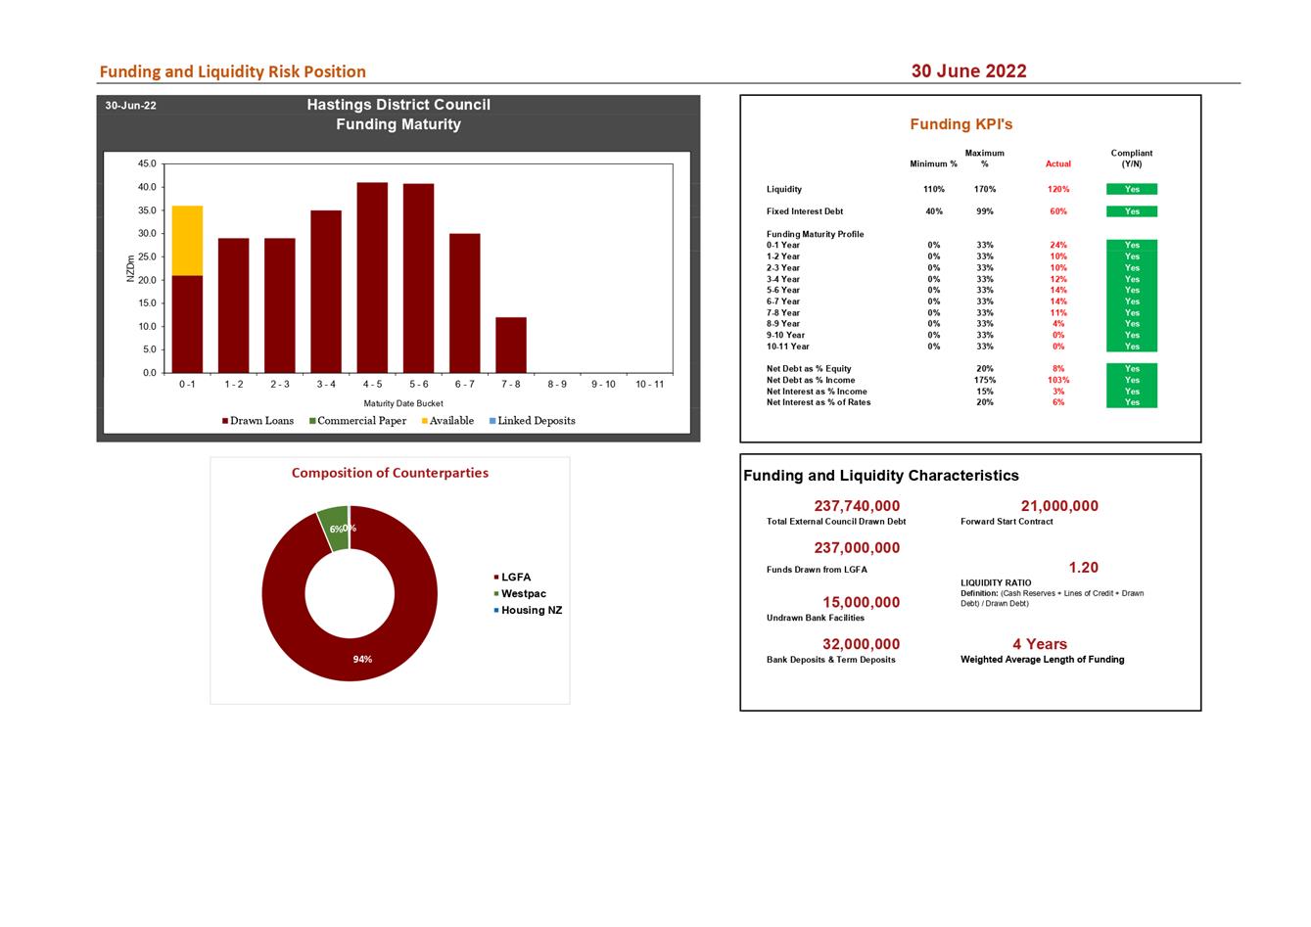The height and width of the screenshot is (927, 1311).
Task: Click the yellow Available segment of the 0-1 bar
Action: pos(187,240)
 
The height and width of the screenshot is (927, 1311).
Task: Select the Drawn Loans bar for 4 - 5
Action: pos(372,278)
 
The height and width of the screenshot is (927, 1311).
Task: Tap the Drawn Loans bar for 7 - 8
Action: pos(511,345)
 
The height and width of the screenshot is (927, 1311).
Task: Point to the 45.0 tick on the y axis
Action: pos(147,163)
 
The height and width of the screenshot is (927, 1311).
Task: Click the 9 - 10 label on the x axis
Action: pos(603,385)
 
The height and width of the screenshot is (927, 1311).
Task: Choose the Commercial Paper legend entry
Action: pos(357,421)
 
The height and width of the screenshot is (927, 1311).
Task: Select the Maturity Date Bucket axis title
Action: pos(403,403)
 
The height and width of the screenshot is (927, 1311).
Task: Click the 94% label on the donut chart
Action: pos(362,660)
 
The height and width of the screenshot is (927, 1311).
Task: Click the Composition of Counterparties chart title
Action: pos(390,473)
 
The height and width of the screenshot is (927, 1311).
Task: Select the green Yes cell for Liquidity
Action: pos(1132,189)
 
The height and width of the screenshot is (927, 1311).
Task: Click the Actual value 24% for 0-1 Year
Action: pos(1058,246)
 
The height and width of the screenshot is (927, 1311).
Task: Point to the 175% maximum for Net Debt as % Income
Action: pos(985,380)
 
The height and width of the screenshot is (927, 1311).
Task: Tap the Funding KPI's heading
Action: pos(960,124)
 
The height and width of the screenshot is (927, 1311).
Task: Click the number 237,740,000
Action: pos(857,506)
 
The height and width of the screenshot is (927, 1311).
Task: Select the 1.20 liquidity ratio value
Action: pos(1083,568)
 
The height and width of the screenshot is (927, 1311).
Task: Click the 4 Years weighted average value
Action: pos(1040,644)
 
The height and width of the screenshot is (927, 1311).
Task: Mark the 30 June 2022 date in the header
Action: pos(968,70)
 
